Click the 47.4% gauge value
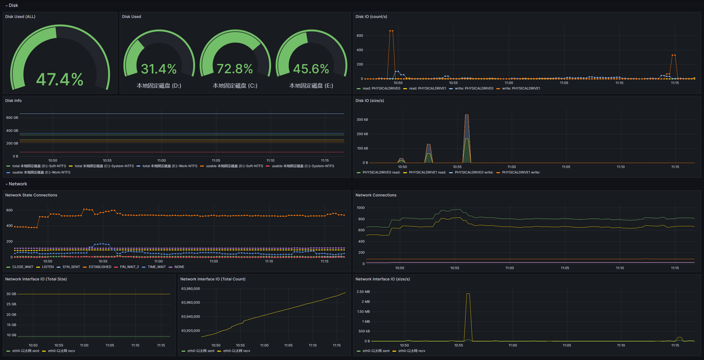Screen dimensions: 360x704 point(60,80)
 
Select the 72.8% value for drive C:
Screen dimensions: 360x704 point(235,69)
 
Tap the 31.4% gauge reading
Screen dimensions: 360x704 point(159,69)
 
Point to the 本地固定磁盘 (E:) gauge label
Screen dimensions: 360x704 point(311,86)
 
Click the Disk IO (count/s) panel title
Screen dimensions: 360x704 point(371,17)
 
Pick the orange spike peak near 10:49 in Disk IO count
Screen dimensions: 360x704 point(391,31)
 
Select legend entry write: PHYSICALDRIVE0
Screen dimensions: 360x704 point(474,88)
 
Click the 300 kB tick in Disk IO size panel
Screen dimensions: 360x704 point(362,120)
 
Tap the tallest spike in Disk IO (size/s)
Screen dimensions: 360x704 point(467,115)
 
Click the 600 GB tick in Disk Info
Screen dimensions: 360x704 point(12,118)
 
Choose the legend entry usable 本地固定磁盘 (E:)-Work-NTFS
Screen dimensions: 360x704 point(41,172)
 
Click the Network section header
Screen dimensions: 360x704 point(18,184)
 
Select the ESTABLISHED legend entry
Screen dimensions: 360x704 point(100,267)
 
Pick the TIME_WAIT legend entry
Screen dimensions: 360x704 point(156,267)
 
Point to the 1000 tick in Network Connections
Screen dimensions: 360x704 point(361,208)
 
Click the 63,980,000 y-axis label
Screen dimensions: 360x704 point(191,289)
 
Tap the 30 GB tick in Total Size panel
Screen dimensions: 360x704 point(11,294)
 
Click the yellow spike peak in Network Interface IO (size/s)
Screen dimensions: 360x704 point(468,294)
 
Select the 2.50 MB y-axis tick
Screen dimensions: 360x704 point(363,292)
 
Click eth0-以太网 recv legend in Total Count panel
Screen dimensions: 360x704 point(237,351)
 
